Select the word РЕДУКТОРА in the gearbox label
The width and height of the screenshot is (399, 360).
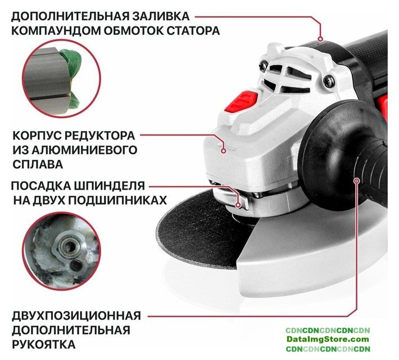(99, 136)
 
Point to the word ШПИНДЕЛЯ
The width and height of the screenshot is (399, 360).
(110, 186)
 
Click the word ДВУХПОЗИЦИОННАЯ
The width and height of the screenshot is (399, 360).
(76, 316)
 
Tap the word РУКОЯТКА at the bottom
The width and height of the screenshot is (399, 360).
(44, 344)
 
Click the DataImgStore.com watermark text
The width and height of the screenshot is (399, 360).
(328, 339)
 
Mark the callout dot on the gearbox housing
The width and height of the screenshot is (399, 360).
(224, 151)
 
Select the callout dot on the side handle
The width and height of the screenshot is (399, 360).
(357, 181)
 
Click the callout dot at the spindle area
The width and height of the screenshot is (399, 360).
(238, 205)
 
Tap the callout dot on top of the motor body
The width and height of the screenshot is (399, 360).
(321, 39)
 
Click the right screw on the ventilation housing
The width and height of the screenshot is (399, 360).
(329, 80)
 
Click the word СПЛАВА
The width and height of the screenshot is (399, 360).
(38, 164)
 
